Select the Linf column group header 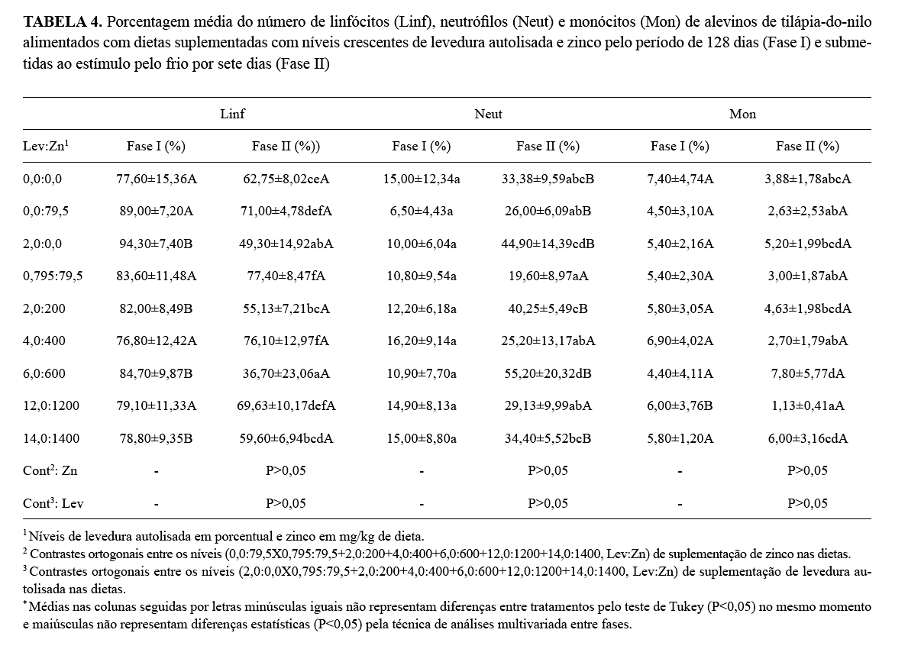point(232,114)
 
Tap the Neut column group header point(488,114)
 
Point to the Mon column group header point(742,114)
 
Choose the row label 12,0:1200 point(50,406)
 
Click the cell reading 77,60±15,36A point(156,179)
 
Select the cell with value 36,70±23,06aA point(286,374)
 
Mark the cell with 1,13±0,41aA point(807,406)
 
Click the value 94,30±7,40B point(156,244)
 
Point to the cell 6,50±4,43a point(421,212)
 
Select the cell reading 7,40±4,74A point(680,179)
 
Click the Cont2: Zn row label point(50,471)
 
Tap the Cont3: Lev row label point(52,503)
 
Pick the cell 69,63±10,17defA point(286,406)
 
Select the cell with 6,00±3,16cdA point(807,439)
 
